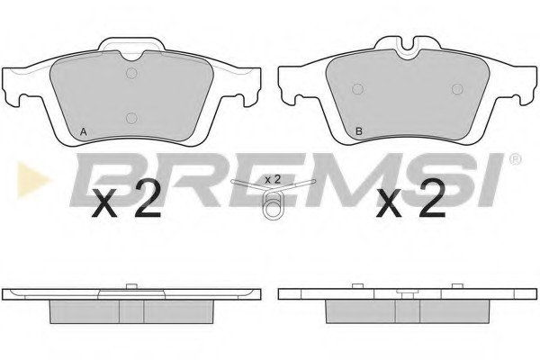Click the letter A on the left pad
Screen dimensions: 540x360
click(x=83, y=131)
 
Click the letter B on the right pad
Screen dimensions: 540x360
click(x=359, y=131)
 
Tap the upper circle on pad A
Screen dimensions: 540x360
click(x=131, y=73)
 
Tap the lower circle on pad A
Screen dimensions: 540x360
click(x=131, y=118)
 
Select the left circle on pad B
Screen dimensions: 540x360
click(x=358, y=89)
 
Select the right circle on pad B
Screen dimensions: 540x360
click(x=457, y=89)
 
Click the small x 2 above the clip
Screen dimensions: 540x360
click(x=273, y=179)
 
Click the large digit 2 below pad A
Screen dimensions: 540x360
click(x=148, y=199)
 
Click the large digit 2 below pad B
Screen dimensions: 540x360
click(x=432, y=199)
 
